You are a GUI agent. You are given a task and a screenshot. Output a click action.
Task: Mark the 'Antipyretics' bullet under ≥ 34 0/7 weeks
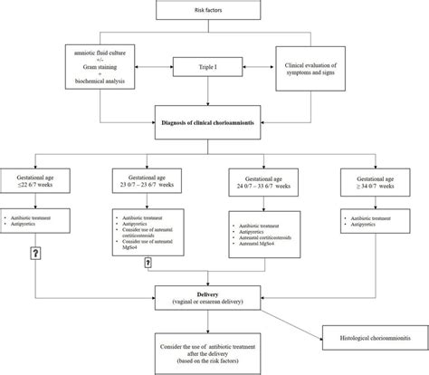click(x=371, y=224)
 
